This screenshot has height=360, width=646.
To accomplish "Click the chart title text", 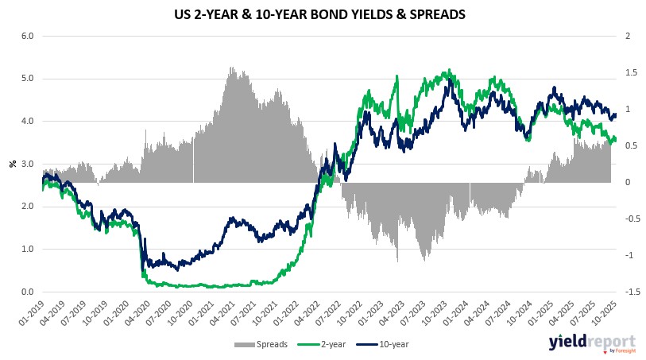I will [x=323, y=14].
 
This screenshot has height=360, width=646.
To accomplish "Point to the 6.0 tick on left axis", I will [x=26, y=36].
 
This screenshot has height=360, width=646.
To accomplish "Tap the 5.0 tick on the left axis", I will [x=26, y=79].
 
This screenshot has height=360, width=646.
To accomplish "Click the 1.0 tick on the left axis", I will [x=26, y=249].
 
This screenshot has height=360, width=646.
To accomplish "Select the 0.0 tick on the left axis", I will [x=26, y=292].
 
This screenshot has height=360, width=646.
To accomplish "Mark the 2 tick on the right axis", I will [x=628, y=36].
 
